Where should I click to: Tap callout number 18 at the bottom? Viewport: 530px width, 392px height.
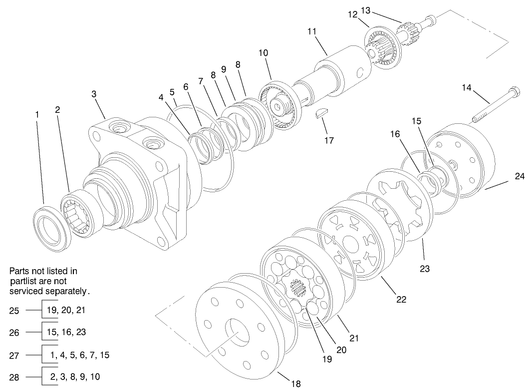coord(295,384)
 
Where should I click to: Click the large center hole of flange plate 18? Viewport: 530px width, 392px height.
coord(239,332)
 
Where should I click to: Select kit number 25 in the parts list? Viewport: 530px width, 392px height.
coord(14,311)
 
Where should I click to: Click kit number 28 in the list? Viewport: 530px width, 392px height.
coord(14,378)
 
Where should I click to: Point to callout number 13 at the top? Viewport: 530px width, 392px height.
coord(380,10)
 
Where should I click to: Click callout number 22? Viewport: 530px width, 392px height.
coord(401,300)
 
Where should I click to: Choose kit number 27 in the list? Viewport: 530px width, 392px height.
coord(14,356)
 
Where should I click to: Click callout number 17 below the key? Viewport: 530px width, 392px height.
coord(328,141)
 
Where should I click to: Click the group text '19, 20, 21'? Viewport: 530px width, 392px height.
coord(66,310)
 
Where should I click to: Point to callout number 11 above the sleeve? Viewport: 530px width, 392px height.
coord(312,31)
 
